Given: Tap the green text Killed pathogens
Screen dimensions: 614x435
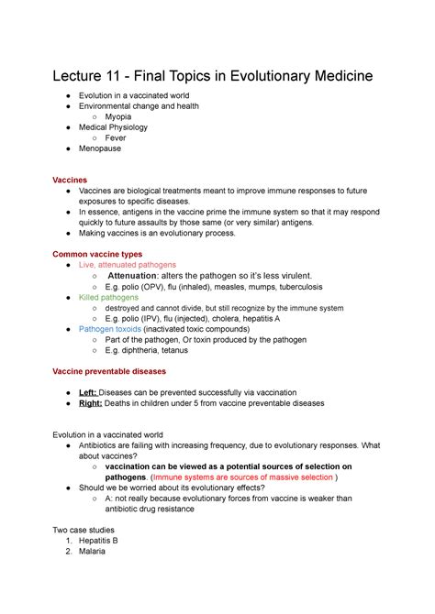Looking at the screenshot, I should click(x=108, y=298).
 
